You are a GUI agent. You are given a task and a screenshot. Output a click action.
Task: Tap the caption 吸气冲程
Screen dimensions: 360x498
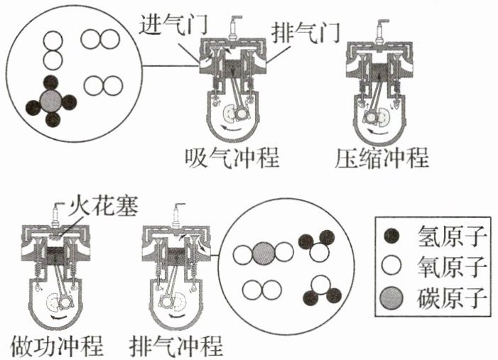(x=232, y=158)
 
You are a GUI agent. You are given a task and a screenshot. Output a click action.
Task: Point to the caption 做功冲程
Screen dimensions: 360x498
(x=58, y=345)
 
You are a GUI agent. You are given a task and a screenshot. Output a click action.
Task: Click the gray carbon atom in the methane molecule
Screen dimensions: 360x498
(x=51, y=100)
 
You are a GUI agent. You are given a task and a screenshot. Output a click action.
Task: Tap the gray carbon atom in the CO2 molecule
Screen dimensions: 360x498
(x=263, y=253)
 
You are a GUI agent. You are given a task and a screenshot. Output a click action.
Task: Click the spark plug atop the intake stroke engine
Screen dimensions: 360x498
(x=232, y=28)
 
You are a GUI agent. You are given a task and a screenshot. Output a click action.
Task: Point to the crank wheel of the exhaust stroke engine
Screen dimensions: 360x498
(x=172, y=304)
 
